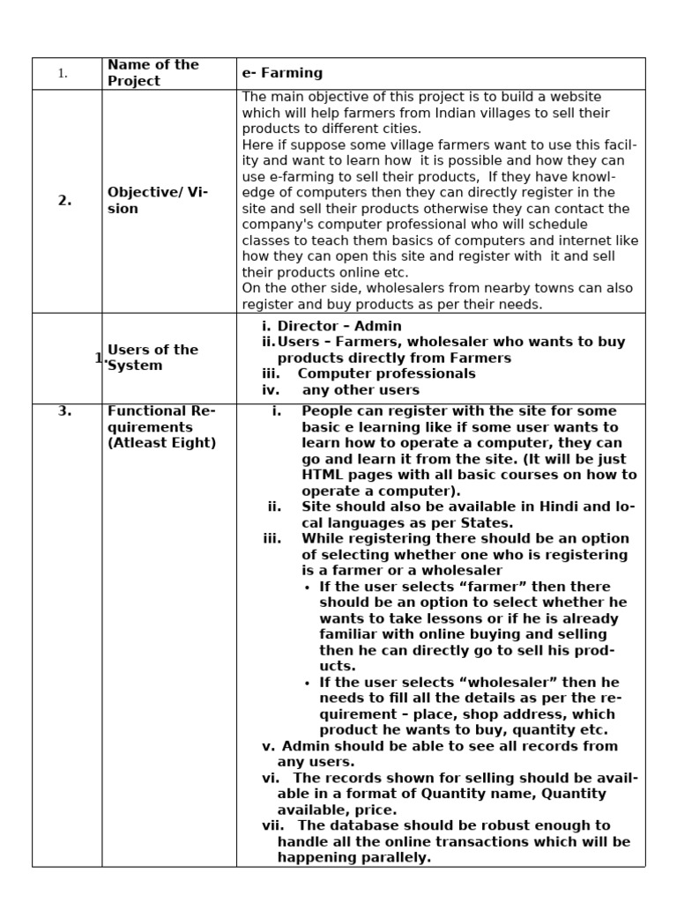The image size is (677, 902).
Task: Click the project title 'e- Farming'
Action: (282, 73)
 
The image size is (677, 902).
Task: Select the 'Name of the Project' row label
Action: (153, 73)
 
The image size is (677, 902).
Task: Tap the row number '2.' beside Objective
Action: (65, 200)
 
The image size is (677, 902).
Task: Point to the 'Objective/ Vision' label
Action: (157, 200)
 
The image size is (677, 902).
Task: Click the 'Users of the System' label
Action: (153, 358)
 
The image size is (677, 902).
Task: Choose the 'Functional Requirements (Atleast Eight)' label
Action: (161, 426)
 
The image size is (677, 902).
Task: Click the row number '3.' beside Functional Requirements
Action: (64, 411)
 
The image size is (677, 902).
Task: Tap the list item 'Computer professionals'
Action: (386, 373)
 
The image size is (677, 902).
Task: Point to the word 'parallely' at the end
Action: (396, 857)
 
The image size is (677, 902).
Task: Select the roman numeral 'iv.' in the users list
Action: (272, 389)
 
